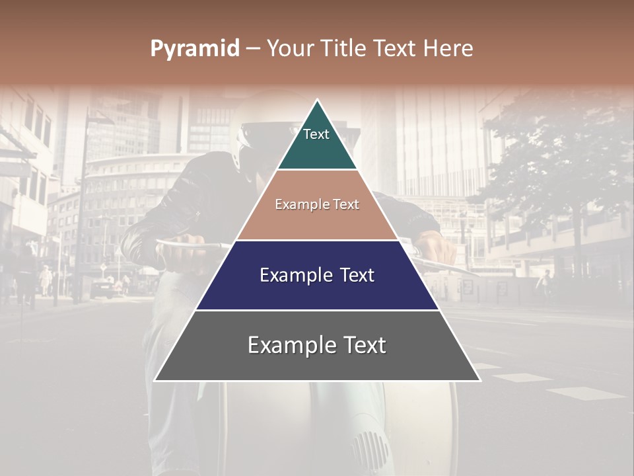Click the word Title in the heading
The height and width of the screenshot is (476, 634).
(338, 49)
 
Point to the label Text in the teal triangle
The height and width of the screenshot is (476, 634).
(316, 134)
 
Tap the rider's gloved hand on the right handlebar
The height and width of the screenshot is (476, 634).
(439, 248)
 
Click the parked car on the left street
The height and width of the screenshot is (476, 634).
(103, 288)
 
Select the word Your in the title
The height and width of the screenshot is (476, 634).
(289, 49)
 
